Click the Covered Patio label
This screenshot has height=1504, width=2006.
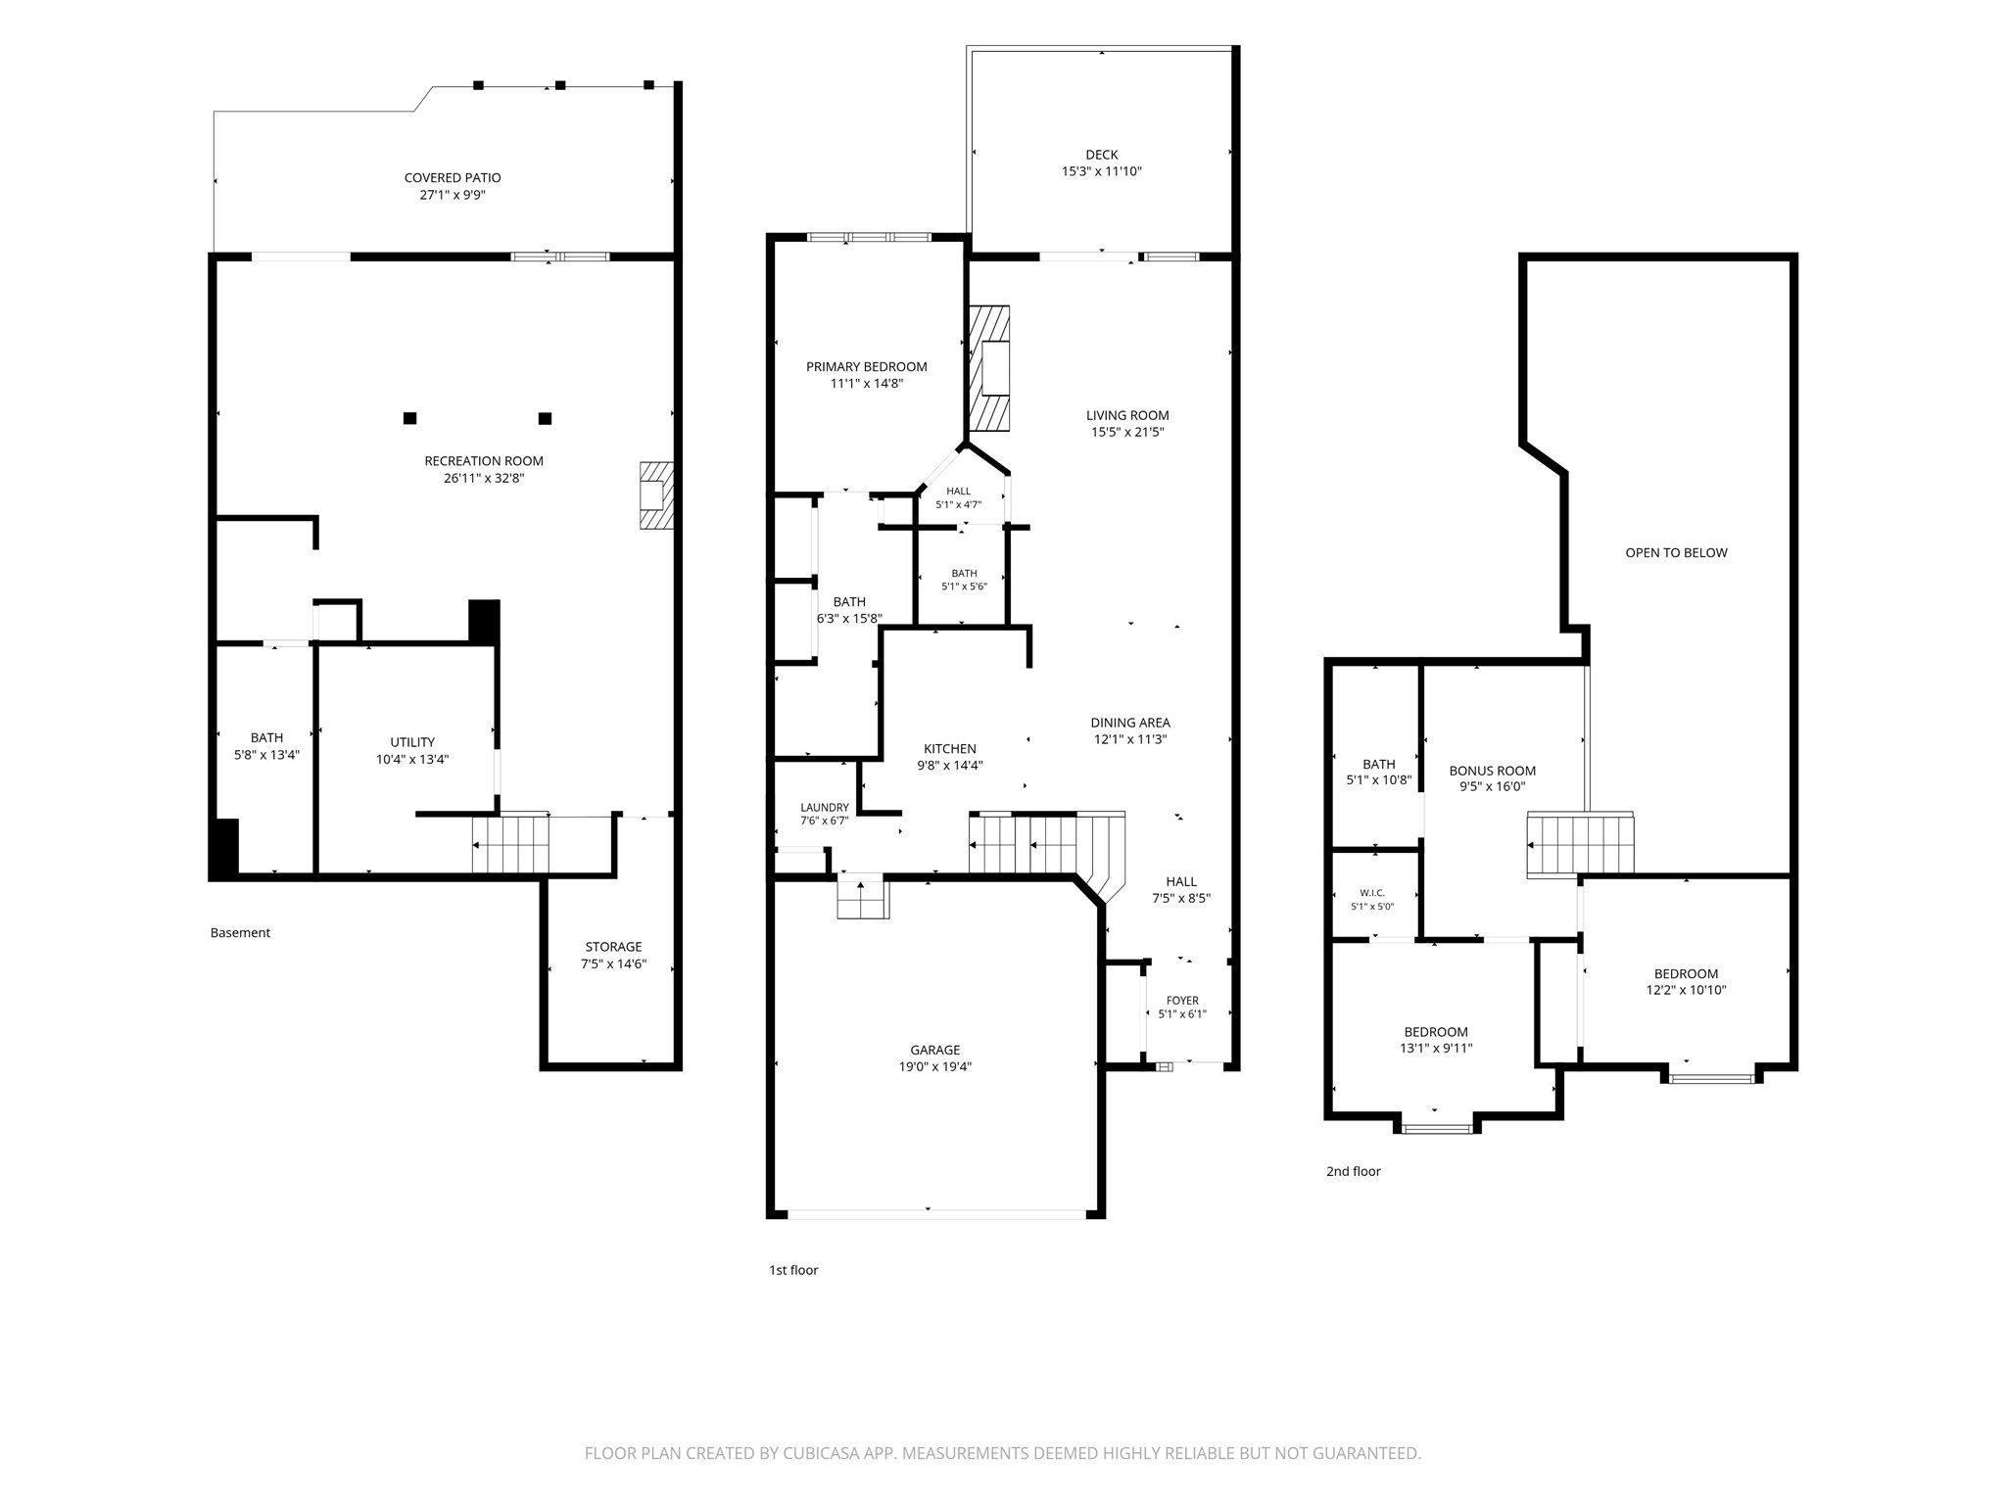point(453,178)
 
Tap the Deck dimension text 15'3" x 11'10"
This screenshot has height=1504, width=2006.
point(1102,171)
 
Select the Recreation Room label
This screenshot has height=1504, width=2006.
point(484,461)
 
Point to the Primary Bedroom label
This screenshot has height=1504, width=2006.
point(867,367)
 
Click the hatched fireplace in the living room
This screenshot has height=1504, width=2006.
point(989,368)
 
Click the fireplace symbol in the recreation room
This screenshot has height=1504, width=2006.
point(656,495)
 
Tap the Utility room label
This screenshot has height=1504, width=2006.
point(412,742)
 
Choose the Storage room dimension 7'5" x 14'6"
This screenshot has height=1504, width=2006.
point(613,964)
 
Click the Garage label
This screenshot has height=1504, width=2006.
point(935,1050)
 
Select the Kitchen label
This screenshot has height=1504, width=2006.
point(950,749)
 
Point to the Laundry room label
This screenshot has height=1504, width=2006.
point(825,808)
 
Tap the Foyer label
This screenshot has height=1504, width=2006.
point(1182,1001)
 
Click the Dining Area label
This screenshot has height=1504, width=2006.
point(1130,724)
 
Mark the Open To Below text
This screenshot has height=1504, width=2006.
point(1676,553)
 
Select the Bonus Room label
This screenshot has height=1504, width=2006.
point(1493,772)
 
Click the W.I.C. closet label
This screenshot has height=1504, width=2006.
point(1372,893)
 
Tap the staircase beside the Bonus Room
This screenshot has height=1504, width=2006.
point(1580,844)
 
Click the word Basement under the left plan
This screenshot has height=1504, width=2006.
point(240,933)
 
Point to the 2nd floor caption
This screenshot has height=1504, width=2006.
point(1354,1171)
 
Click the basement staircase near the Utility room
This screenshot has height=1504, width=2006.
point(510,844)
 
